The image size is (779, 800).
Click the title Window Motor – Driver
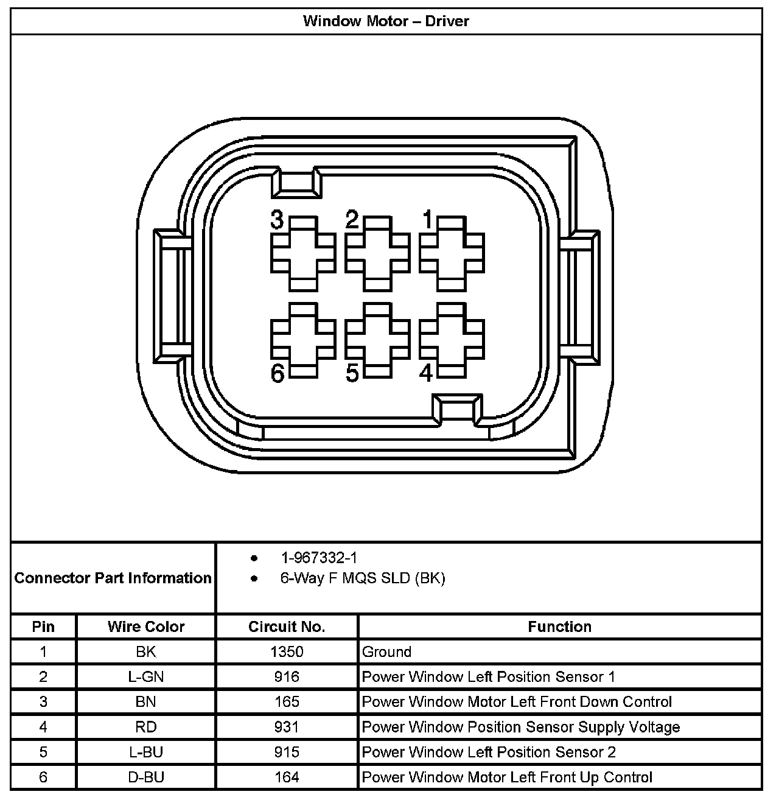[386, 21]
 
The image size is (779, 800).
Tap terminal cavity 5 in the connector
[377, 339]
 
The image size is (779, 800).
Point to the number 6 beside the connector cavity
[278, 374]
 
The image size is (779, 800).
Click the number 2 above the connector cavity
[352, 219]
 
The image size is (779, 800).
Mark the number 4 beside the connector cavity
[427, 373]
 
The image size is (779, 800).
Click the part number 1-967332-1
[318, 558]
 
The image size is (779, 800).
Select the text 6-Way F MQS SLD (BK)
[363, 578]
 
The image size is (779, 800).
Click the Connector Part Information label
[113, 578]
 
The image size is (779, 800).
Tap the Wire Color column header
[146, 626]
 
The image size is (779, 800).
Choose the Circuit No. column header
[287, 626]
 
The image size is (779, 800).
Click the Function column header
[559, 626]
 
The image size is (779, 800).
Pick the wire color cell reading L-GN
[146, 676]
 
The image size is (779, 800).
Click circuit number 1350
[287, 651]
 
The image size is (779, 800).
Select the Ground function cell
[387, 651]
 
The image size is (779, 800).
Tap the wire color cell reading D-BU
[146, 777]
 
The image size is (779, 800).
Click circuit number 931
[287, 727]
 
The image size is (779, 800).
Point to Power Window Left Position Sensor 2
[489, 752]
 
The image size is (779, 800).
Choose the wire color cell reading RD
[146, 727]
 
